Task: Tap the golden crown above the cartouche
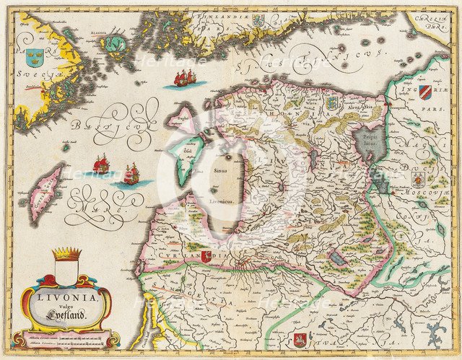[66, 254]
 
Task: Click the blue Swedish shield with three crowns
[34, 56]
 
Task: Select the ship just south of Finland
[184, 77]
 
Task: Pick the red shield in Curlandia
[206, 255]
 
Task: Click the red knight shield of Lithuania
[301, 338]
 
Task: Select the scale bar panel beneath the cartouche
[69, 337]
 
